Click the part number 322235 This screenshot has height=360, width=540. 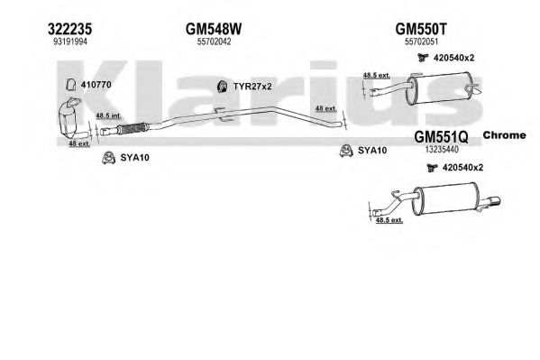(x=70, y=29)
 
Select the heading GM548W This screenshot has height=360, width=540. (x=214, y=29)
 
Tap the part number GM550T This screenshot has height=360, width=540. (x=421, y=29)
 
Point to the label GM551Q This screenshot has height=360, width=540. (x=441, y=137)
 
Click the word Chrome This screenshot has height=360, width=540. (x=504, y=135)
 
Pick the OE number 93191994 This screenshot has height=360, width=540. (x=70, y=42)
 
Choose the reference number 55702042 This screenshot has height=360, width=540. (x=214, y=42)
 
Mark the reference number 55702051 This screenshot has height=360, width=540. (x=421, y=42)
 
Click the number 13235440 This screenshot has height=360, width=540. (x=442, y=150)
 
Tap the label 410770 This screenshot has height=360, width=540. (x=96, y=85)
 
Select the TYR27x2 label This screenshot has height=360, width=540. (x=252, y=87)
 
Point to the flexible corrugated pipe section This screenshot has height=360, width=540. (x=133, y=128)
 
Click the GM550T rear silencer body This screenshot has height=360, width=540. (x=438, y=88)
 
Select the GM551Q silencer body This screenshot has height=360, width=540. (x=445, y=199)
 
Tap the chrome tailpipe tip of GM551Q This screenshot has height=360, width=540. (x=492, y=201)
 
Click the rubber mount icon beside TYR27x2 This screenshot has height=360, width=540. (x=223, y=87)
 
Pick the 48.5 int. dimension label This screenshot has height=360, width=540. (x=108, y=115)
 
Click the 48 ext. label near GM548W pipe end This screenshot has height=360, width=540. (x=325, y=108)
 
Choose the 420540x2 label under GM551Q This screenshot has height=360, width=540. (x=462, y=168)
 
